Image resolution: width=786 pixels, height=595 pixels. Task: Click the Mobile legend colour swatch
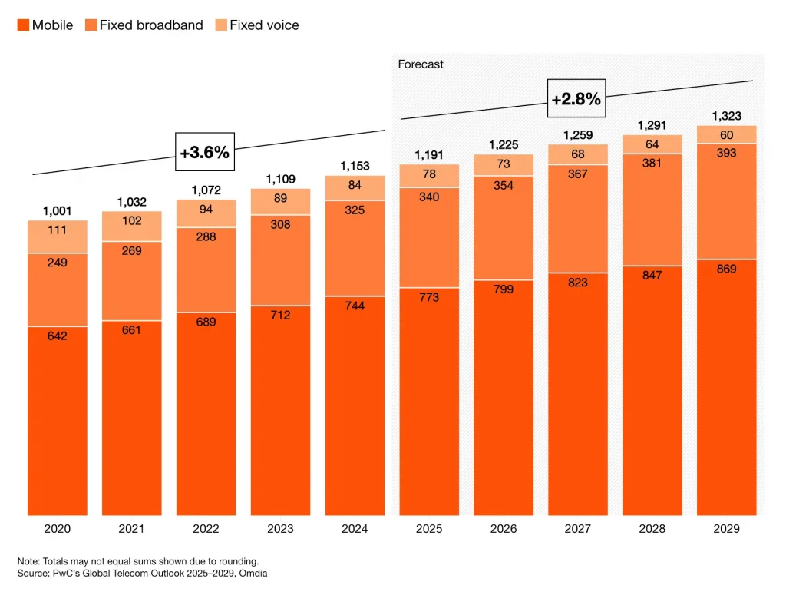(x=23, y=25)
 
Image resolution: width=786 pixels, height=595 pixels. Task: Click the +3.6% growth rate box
(x=204, y=152)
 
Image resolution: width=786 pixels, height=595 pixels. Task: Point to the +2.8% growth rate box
(x=576, y=98)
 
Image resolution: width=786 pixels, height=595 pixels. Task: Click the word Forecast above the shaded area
(x=421, y=64)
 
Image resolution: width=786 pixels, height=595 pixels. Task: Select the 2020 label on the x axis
(x=58, y=529)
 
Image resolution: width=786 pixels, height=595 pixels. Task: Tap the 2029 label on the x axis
(x=726, y=529)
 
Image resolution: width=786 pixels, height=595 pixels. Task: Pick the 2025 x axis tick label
(x=429, y=529)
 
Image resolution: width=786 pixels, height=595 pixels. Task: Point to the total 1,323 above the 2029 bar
(x=726, y=116)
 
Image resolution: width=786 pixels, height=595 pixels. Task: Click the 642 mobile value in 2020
(x=58, y=336)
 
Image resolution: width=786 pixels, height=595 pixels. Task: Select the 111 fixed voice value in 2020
(x=58, y=231)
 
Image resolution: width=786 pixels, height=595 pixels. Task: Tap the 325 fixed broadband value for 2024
(x=355, y=209)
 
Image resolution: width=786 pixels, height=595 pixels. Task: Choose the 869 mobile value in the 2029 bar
(x=726, y=269)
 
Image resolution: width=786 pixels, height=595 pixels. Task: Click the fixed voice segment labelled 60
(x=726, y=135)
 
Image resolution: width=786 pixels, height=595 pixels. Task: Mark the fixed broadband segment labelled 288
(x=206, y=236)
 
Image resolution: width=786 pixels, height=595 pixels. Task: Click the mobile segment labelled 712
(x=281, y=315)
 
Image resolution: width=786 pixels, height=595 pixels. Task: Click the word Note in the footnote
(x=29, y=560)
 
